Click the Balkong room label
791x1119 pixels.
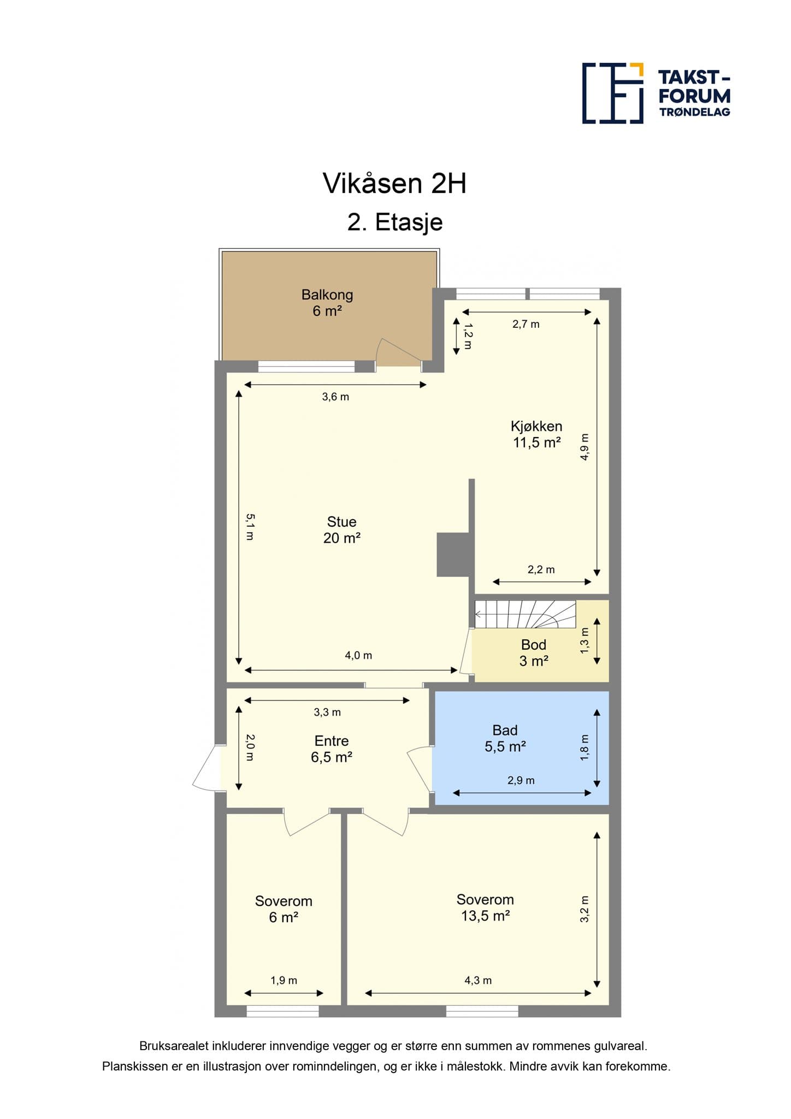(327, 303)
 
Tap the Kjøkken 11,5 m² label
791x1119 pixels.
(536, 434)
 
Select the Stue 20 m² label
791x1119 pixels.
(341, 530)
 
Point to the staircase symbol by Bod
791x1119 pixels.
(525, 615)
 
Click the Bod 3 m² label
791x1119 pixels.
(533, 653)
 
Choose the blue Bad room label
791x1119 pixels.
(505, 738)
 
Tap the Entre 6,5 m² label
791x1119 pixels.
(331, 749)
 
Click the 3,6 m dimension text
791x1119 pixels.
(335, 397)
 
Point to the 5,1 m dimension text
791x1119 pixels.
(249, 527)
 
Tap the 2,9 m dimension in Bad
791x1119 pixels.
(521, 780)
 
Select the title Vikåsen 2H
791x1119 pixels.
(394, 184)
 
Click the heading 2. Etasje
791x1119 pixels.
(394, 222)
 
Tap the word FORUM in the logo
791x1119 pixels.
(694, 96)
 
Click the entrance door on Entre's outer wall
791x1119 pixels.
(206, 768)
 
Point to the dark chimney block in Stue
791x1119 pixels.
(453, 554)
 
